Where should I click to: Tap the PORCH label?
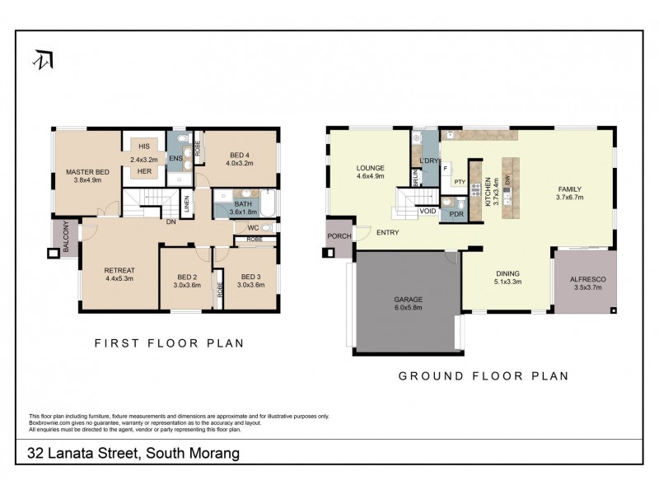tap(339, 235)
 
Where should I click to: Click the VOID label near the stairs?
tap(428, 211)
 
